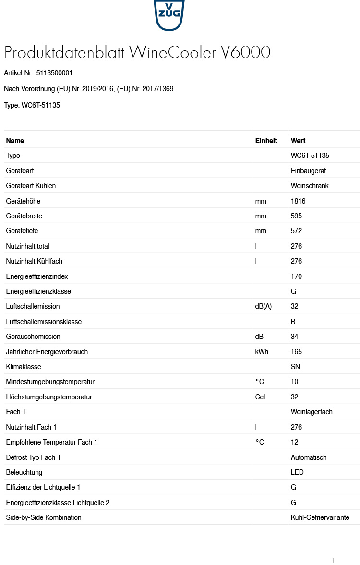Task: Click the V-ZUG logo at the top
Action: [x=169, y=14]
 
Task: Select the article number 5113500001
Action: [x=54, y=73]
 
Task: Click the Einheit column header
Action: [x=266, y=141]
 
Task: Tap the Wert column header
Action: [x=298, y=141]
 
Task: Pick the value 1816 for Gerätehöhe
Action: [x=298, y=201]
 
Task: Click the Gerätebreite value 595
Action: [x=296, y=216]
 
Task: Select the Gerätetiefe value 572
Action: [x=296, y=231]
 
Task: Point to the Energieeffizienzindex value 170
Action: [x=296, y=276]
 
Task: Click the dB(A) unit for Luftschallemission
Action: [x=263, y=306]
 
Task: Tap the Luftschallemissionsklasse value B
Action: [x=293, y=322]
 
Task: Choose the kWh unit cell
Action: [x=262, y=352]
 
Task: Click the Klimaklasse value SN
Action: [x=295, y=367]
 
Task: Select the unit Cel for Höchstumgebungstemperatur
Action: [x=260, y=397]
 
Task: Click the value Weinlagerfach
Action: [x=312, y=412]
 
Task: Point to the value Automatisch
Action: [x=309, y=457]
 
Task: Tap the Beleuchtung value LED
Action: [x=297, y=472]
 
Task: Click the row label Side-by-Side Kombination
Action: [x=44, y=517]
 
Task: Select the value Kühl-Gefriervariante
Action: [x=320, y=517]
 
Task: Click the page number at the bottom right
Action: [x=333, y=560]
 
